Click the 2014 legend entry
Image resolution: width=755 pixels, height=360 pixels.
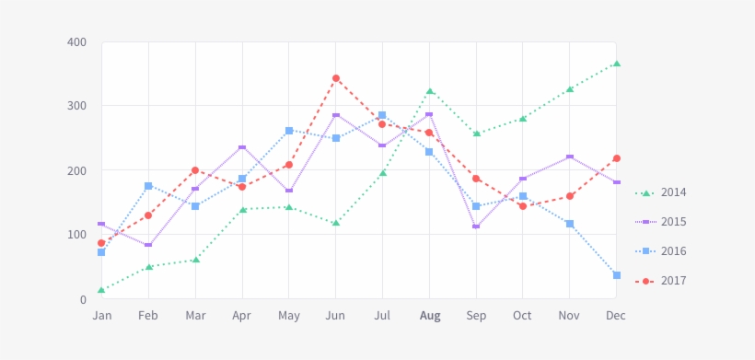point(673,192)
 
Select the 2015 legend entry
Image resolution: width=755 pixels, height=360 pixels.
point(673,222)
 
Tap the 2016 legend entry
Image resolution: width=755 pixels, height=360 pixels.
point(673,251)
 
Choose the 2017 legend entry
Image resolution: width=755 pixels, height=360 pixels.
point(673,281)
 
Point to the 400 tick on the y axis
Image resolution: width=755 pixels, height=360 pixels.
point(76,42)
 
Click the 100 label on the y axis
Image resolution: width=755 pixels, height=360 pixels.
point(76,235)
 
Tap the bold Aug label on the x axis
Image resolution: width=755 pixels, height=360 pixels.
point(430,316)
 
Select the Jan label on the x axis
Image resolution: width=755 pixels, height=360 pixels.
point(102,316)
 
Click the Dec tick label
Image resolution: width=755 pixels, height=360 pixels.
point(616,316)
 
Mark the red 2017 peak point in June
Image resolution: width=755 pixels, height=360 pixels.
point(336,78)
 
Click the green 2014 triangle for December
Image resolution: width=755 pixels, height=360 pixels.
point(617,64)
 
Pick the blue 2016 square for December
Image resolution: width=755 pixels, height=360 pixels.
point(617,275)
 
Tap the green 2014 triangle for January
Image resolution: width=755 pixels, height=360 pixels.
point(101,291)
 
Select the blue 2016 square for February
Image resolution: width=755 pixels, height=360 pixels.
point(148,186)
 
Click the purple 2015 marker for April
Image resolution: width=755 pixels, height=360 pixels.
point(242,147)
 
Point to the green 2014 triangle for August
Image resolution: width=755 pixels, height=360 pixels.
point(430,91)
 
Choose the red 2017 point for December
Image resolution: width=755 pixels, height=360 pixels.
point(617,158)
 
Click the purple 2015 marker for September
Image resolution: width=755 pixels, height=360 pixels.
point(476,226)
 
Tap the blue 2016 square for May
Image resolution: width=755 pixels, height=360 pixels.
point(289,131)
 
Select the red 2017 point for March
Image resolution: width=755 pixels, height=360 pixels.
point(195,170)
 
